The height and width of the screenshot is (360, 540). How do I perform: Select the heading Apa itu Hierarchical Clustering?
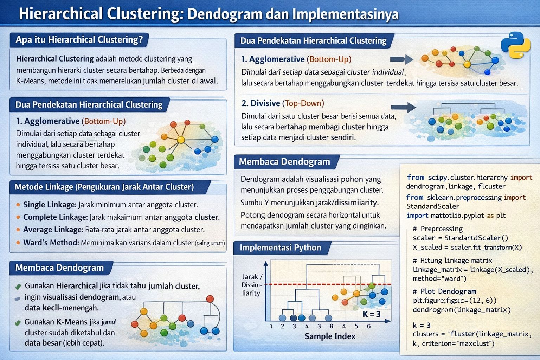pyautogui.click(x=79, y=39)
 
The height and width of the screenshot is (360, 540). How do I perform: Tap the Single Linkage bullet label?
pyautogui.click(x=49, y=205)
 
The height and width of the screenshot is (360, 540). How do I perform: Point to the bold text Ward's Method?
pyautogui.click(x=51, y=243)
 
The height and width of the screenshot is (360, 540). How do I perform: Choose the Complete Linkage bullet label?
pyautogui.click(x=55, y=217)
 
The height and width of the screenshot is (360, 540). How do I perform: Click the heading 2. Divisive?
pyautogui.click(x=261, y=103)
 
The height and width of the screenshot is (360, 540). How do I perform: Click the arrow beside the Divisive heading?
pyautogui.click(x=403, y=107)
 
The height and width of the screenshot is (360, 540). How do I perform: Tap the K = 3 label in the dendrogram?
pyautogui.click(x=371, y=314)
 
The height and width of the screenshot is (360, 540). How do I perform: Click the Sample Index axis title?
pyautogui.click(x=330, y=336)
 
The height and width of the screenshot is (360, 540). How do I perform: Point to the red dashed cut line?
pyautogui.click(x=316, y=284)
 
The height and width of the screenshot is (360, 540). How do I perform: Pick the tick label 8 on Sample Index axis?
pyautogui.click(x=331, y=326)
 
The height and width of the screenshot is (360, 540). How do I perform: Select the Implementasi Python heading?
pyautogui.click(x=280, y=247)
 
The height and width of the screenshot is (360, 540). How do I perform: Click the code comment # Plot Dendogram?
pyautogui.click(x=444, y=291)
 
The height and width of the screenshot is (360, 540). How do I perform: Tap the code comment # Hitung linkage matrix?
pyautogui.click(x=452, y=261)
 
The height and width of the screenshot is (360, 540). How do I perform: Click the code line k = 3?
pyautogui.click(x=422, y=325)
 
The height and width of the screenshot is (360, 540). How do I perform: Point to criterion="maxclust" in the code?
pyautogui.click(x=458, y=343)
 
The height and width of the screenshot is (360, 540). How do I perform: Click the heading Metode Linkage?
pyautogui.click(x=104, y=187)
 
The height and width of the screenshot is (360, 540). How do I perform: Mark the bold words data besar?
pyautogui.click(x=43, y=343)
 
